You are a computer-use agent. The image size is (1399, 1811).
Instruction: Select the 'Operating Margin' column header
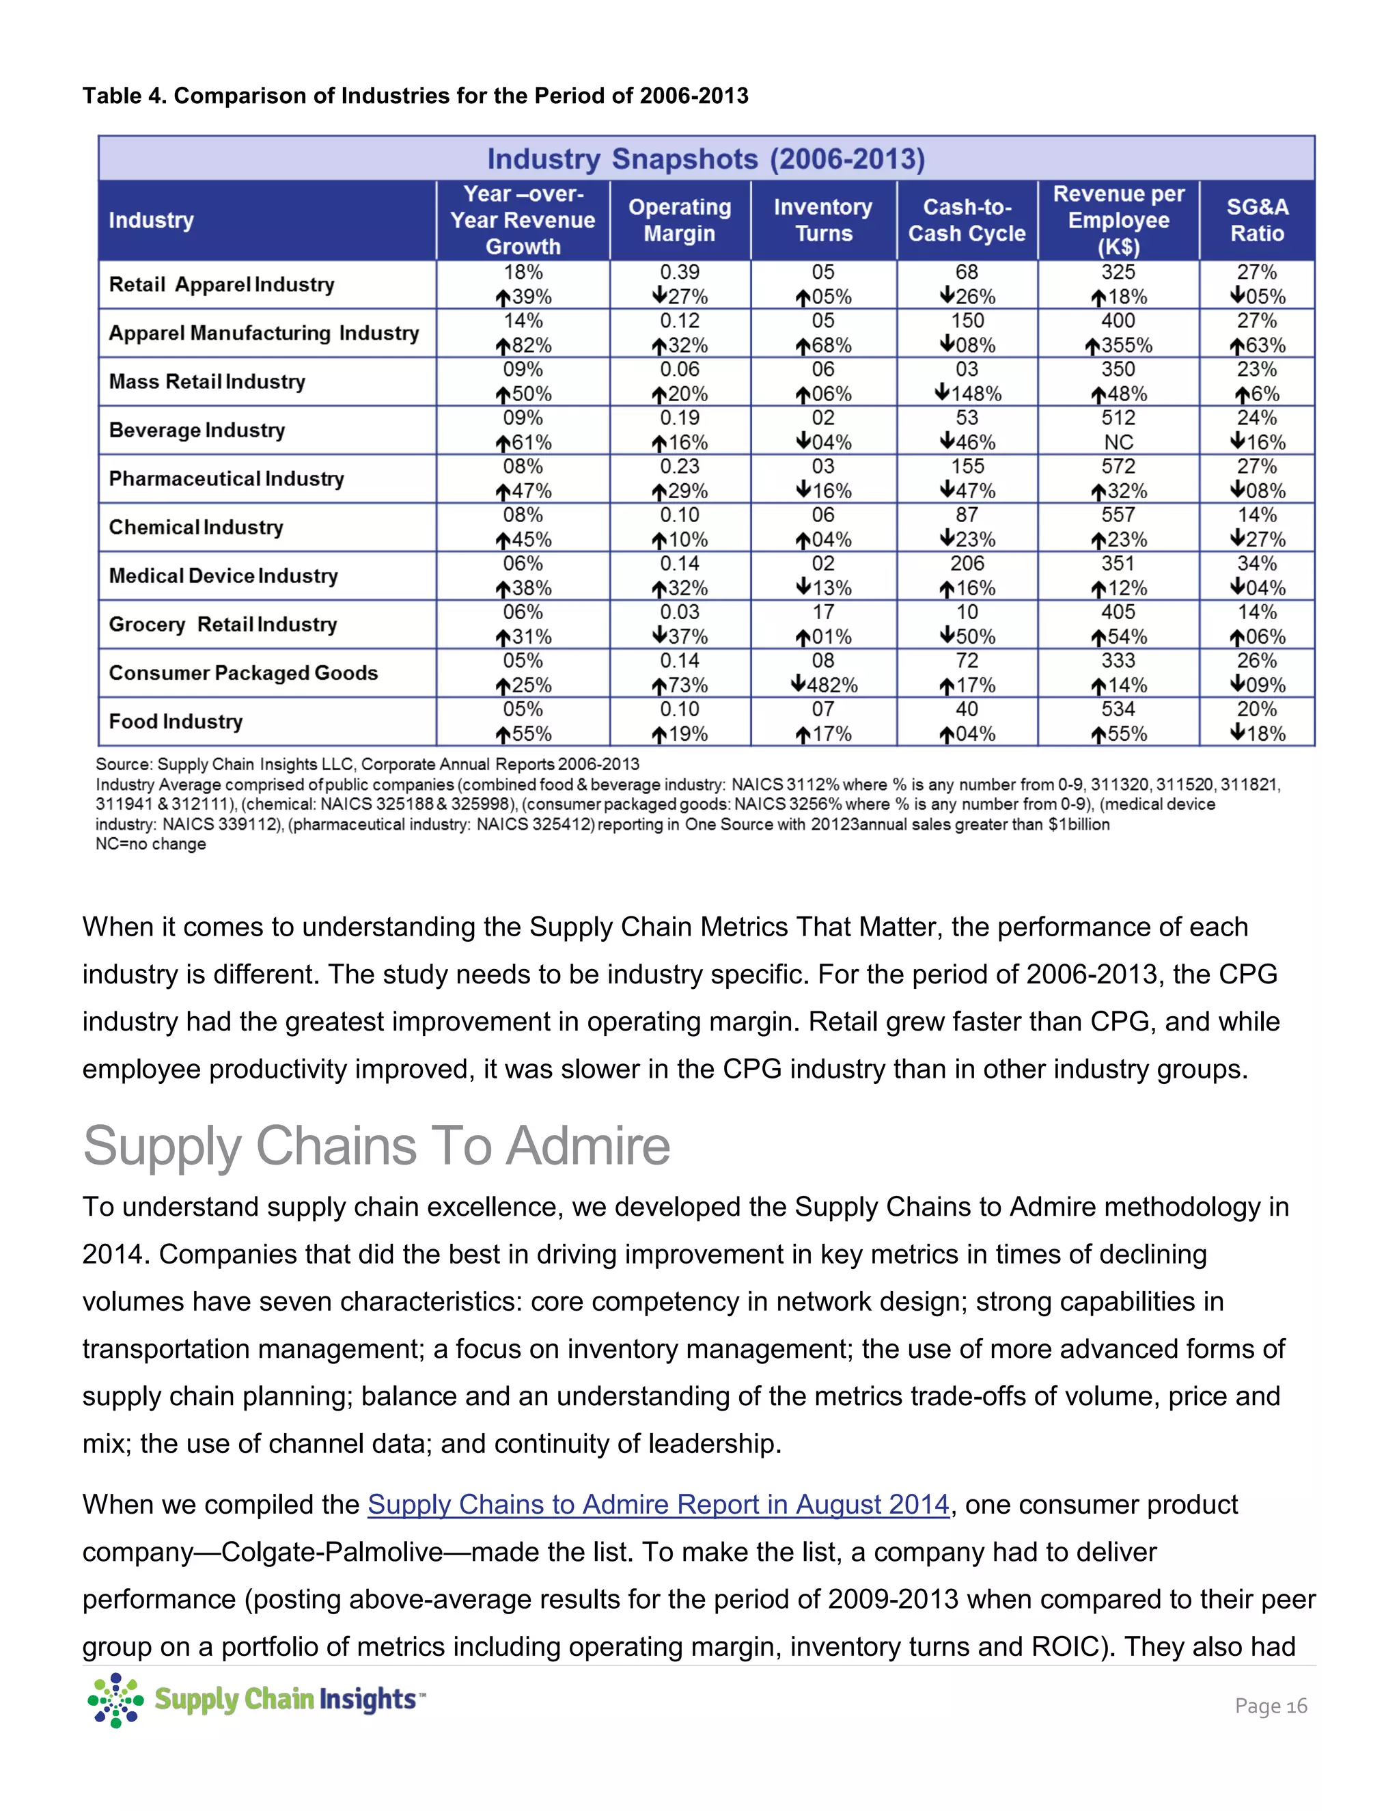point(680,220)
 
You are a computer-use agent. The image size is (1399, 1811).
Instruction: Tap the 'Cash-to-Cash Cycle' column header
point(967,220)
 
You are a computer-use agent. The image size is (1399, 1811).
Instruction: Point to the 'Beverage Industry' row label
point(197,430)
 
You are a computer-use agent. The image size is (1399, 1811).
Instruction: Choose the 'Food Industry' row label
point(176,722)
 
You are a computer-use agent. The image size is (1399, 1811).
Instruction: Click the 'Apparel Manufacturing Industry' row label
point(264,333)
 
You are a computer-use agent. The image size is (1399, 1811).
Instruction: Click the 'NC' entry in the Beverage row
point(1118,442)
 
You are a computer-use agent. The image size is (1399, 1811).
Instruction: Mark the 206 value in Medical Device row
point(967,564)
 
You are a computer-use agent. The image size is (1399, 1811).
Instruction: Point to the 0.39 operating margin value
point(680,272)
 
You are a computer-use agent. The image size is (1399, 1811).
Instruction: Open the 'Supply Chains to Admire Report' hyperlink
point(658,1504)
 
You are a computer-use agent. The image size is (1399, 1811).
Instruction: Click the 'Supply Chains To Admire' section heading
point(376,1146)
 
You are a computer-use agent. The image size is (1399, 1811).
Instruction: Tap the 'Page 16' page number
point(1270,1706)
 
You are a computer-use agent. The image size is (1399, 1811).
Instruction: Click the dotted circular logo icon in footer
point(116,1700)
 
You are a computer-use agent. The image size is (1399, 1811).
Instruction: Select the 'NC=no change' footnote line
point(151,844)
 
